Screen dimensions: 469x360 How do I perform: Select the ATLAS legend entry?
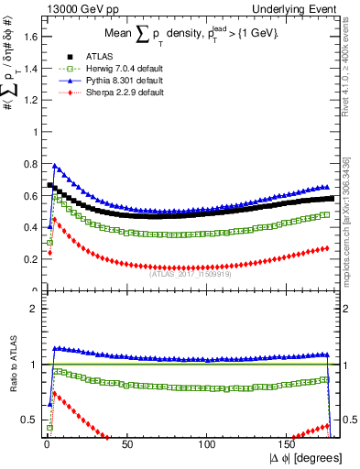pos(85,57)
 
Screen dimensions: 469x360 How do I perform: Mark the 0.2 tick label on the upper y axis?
pos(27,259)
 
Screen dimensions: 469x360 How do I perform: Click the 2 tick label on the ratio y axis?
pos(31,309)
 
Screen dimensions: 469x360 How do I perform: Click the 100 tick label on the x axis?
pos(208,446)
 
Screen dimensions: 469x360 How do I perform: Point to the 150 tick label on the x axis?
pos(289,446)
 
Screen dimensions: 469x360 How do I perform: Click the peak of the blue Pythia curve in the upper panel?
pos(55,166)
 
